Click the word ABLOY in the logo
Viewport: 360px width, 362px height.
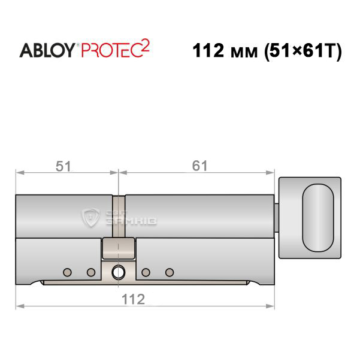click(47, 50)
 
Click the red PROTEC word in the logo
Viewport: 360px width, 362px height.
click(111, 50)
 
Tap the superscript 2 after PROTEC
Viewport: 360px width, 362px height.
click(146, 45)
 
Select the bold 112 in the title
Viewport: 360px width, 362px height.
click(208, 50)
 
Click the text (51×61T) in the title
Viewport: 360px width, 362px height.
click(302, 51)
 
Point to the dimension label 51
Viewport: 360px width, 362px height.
click(63, 166)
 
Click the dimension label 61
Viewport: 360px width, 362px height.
click(199, 166)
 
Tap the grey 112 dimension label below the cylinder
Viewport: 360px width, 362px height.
click(134, 299)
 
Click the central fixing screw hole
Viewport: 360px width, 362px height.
click(119, 272)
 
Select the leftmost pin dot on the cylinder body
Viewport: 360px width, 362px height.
click(67, 272)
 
